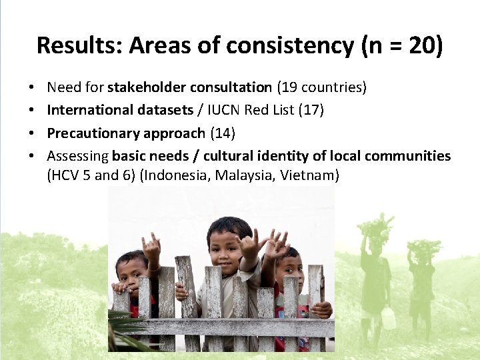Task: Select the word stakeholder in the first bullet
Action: pos(147,87)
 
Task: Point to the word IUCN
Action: pos(225,110)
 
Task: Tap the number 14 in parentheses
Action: pos(222,133)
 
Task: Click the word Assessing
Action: pos(77,156)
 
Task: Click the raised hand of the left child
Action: pos(152,248)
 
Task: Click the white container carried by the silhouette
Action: pos(388,319)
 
